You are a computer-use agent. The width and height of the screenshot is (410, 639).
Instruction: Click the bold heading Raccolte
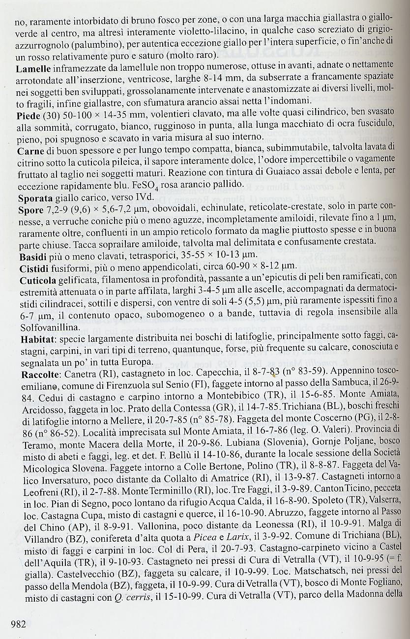pos(39,373)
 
